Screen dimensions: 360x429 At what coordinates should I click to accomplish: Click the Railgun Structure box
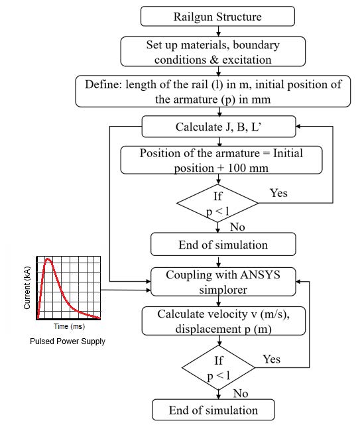point(217,17)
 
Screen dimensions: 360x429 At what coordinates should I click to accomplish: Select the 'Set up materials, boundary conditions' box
point(213,52)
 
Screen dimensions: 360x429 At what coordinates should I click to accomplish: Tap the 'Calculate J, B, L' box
point(219,127)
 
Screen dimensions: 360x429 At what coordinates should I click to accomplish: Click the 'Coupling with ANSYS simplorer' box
point(223,282)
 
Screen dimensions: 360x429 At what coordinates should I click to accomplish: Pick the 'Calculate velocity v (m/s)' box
point(223,321)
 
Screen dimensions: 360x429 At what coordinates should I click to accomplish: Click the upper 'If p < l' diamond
point(217,204)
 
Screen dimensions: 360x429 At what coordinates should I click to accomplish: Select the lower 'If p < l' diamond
point(218,368)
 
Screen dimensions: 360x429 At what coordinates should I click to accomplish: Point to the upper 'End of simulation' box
point(223,244)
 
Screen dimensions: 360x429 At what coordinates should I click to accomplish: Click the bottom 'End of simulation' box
point(213,410)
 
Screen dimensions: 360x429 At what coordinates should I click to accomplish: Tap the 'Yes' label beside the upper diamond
point(278,193)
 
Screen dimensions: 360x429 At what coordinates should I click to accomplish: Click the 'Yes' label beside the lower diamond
point(271,359)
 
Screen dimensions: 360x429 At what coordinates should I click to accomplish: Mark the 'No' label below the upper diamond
point(237,227)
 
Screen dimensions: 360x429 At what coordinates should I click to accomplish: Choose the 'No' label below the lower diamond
point(241,393)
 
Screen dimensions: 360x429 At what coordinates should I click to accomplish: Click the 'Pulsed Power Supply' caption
point(68,341)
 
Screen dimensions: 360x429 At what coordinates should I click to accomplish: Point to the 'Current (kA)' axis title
point(27,288)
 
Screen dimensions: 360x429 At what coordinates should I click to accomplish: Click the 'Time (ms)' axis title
point(69,326)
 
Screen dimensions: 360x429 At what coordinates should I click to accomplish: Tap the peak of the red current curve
point(48,259)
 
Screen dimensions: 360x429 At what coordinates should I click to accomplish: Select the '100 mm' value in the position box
point(248,168)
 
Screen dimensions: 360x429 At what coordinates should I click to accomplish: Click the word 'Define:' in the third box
point(103,85)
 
